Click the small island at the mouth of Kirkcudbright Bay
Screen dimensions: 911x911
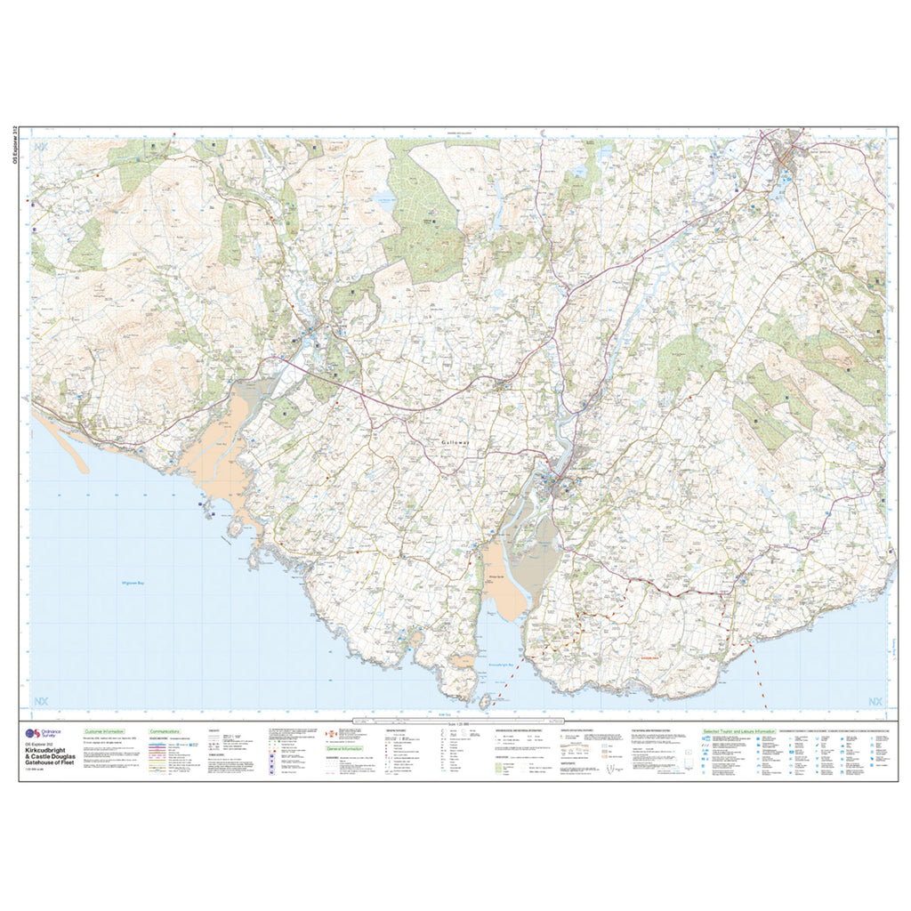coord(486,703)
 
